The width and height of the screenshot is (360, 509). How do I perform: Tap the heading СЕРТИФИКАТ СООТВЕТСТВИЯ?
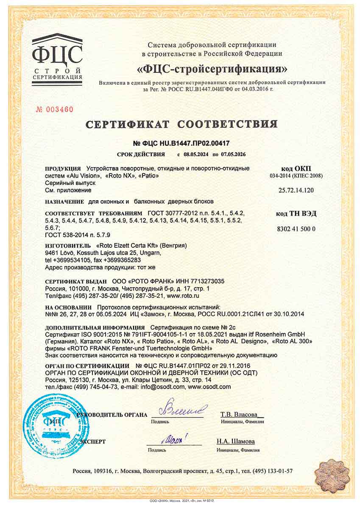pos(181,124)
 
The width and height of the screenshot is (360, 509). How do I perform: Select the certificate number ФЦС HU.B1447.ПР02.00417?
pos(181,143)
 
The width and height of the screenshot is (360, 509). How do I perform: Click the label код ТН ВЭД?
pos(296,214)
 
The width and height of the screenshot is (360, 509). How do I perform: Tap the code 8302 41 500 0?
pos(296,229)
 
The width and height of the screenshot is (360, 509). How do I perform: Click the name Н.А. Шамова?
pos(236,441)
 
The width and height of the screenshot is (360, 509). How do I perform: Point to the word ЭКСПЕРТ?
pos(92,442)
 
